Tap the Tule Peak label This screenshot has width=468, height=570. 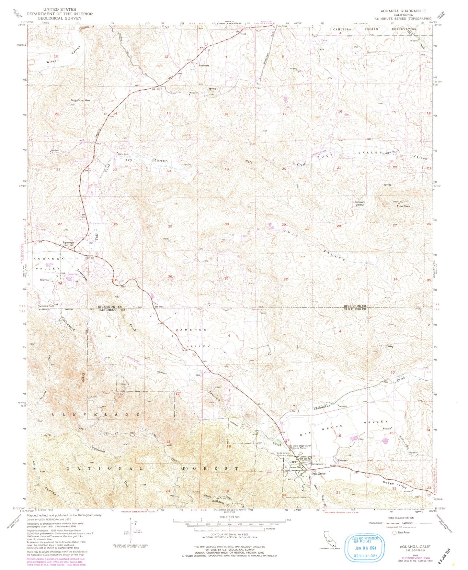[404, 206]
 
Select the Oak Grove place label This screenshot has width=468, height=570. [318, 474]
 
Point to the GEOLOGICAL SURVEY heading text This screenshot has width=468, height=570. [60, 18]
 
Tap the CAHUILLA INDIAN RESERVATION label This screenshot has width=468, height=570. [375, 29]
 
